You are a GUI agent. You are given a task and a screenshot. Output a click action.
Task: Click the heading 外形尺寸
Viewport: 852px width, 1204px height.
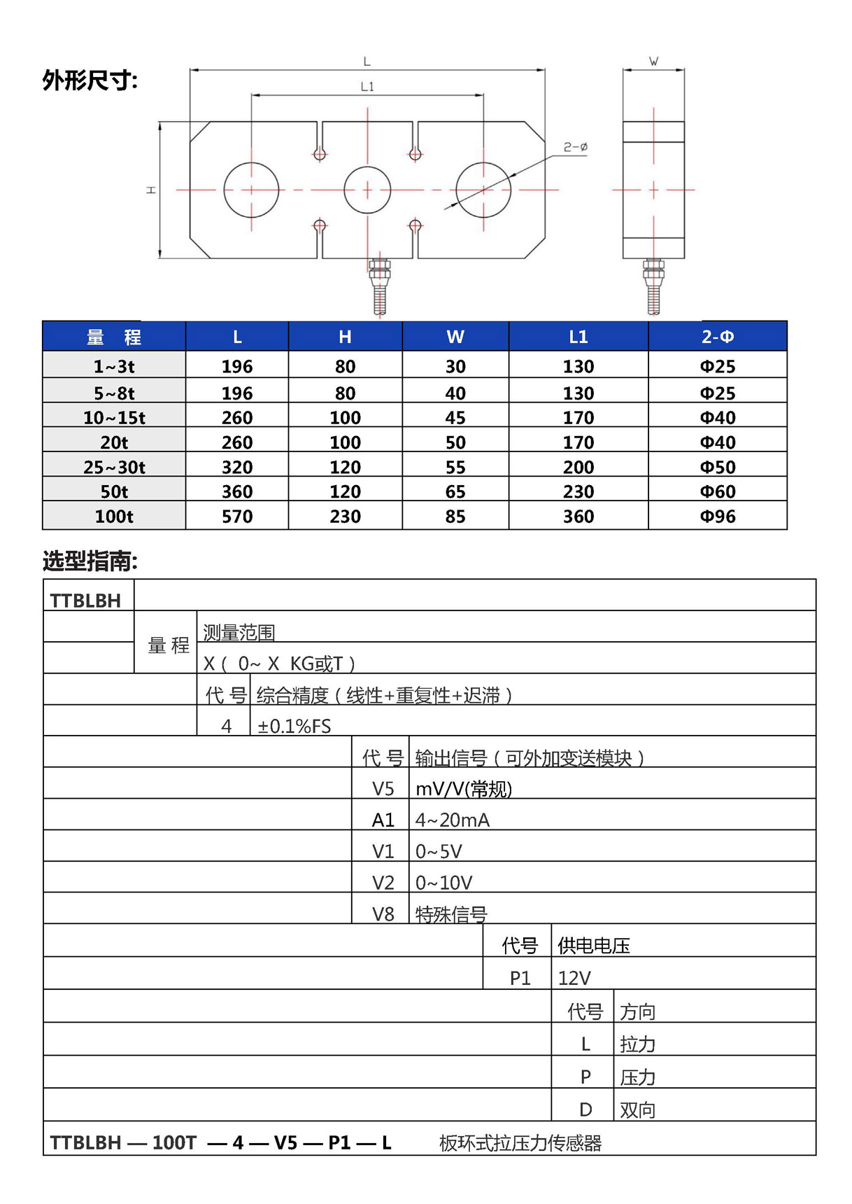pyautogui.click(x=90, y=80)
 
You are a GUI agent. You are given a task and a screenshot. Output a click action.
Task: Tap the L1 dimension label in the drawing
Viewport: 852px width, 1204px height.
pyautogui.click(x=367, y=87)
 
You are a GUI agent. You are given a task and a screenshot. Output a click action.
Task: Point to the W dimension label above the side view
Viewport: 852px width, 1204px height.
pyautogui.click(x=653, y=62)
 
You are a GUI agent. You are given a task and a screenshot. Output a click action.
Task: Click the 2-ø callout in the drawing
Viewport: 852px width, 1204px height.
pyautogui.click(x=576, y=147)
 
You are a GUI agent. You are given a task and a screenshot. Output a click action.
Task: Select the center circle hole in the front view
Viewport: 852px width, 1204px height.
pyautogui.click(x=367, y=190)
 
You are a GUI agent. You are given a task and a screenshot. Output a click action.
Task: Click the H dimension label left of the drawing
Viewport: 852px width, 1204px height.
pyautogui.click(x=150, y=190)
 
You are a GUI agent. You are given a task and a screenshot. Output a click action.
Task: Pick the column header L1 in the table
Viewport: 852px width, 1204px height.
pyautogui.click(x=578, y=337)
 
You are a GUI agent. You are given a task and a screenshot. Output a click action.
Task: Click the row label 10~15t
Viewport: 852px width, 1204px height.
pyautogui.click(x=114, y=418)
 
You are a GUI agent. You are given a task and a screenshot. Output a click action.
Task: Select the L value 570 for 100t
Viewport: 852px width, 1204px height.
pyautogui.click(x=237, y=517)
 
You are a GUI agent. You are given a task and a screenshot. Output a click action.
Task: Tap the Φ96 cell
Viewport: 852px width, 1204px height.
pyautogui.click(x=717, y=517)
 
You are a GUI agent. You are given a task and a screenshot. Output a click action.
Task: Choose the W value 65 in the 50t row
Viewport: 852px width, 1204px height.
pyautogui.click(x=455, y=491)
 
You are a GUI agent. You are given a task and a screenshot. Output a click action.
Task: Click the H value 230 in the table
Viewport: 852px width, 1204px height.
pyautogui.click(x=345, y=517)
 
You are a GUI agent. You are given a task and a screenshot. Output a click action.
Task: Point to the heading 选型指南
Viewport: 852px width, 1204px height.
pyautogui.click(x=90, y=561)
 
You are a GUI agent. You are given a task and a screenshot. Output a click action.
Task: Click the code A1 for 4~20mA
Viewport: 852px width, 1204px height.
pyautogui.click(x=383, y=820)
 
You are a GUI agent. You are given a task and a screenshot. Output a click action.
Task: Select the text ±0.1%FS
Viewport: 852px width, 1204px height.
pyautogui.click(x=294, y=726)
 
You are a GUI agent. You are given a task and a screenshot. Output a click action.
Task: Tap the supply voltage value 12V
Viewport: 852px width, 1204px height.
pyautogui.click(x=574, y=978)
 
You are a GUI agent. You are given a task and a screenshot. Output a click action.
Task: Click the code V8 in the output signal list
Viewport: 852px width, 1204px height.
pyautogui.click(x=383, y=914)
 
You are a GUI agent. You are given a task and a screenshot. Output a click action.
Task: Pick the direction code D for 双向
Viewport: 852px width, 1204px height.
pyautogui.click(x=585, y=1109)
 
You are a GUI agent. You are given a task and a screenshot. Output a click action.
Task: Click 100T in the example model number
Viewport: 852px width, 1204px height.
pyautogui.click(x=174, y=1142)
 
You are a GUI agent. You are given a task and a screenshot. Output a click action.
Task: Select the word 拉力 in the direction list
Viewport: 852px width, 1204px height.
pyautogui.click(x=637, y=1044)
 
